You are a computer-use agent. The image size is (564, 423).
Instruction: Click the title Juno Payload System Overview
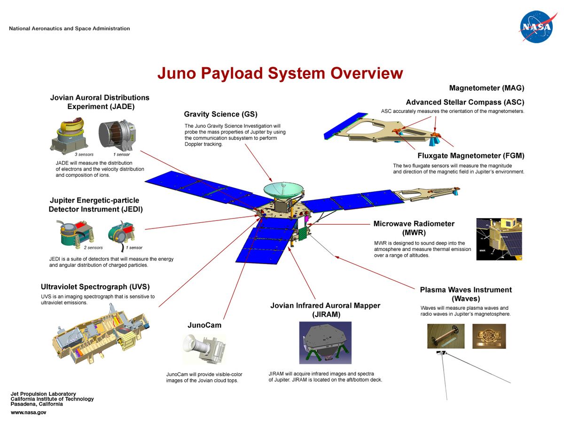click(280, 73)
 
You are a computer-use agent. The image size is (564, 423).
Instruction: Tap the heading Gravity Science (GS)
click(220, 114)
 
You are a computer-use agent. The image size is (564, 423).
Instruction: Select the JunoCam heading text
click(204, 325)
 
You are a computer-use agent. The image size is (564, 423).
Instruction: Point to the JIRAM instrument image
click(325, 343)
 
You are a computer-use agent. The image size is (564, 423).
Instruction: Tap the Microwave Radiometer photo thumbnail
click(499, 239)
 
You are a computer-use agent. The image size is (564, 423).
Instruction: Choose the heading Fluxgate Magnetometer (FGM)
click(470, 156)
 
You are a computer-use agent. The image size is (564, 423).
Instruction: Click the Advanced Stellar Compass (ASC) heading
click(465, 102)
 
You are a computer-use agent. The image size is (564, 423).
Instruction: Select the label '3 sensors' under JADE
click(84, 154)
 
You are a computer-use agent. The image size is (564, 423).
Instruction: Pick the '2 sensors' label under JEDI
click(93, 248)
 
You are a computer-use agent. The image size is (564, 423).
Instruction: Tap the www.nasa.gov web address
click(28, 412)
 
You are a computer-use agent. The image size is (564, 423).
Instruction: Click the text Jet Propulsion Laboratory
click(43, 394)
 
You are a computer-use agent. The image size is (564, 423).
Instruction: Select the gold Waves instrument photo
click(489, 336)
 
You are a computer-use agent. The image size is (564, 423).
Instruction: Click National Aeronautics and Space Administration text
click(69, 29)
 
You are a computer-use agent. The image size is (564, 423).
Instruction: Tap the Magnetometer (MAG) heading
click(486, 88)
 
